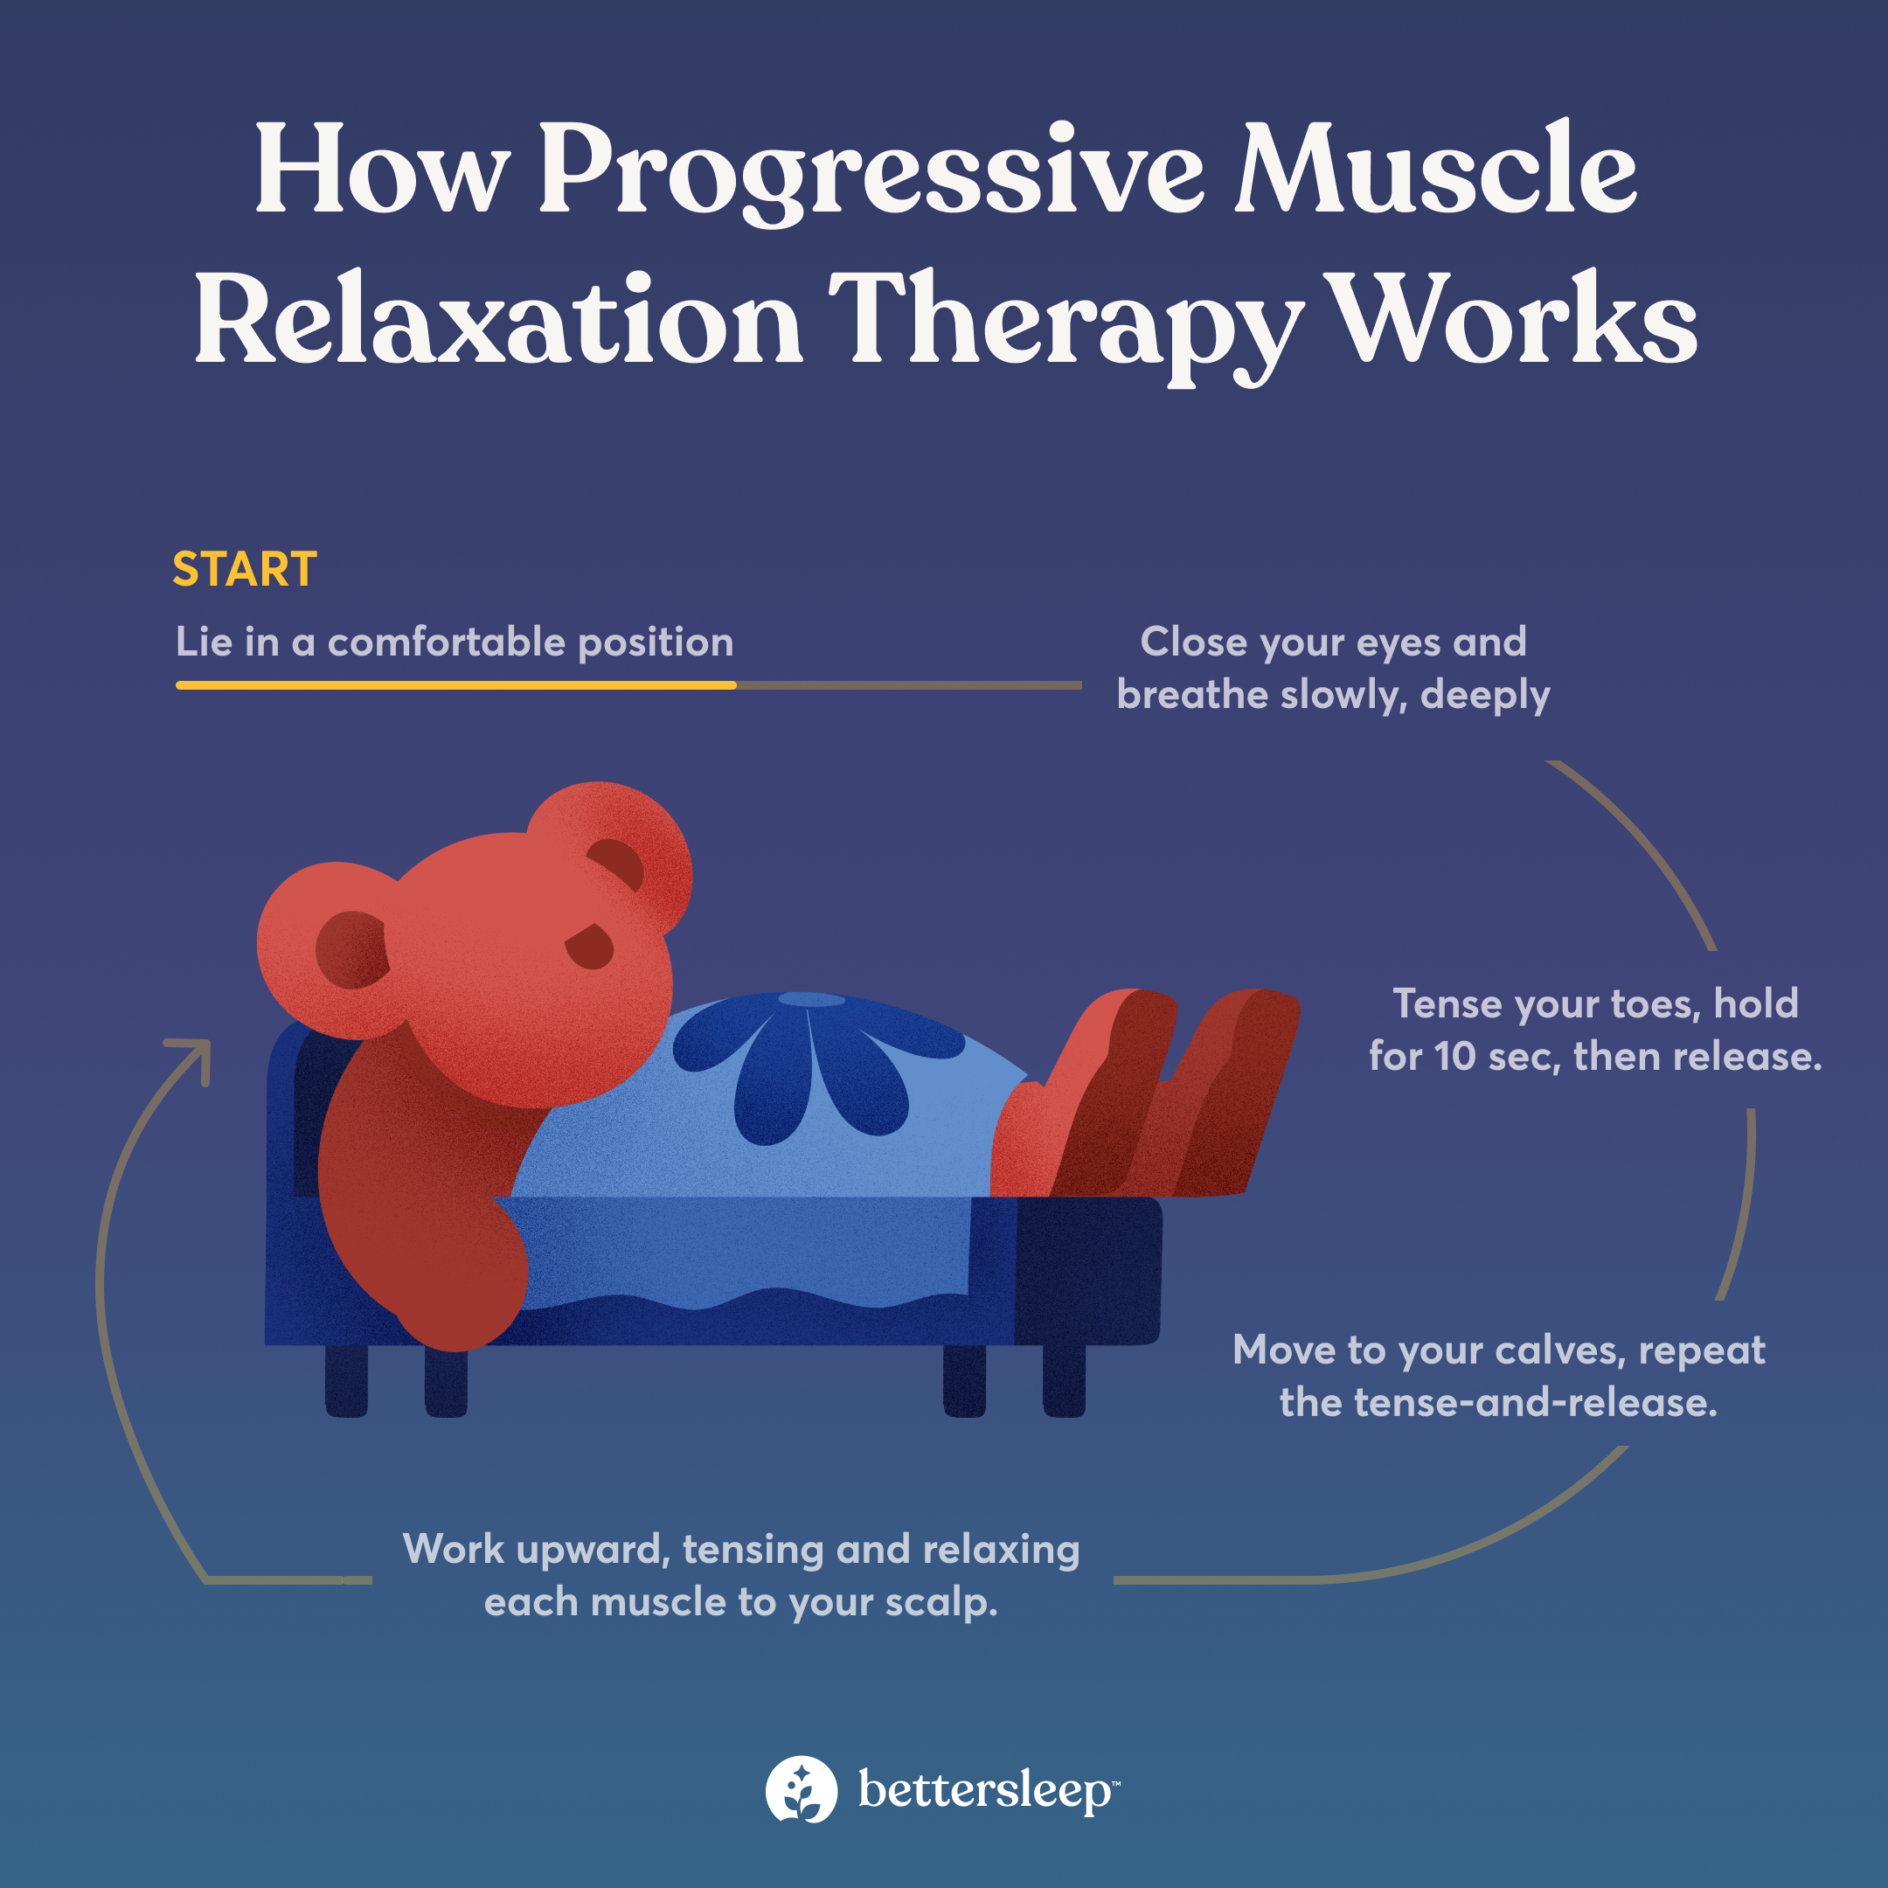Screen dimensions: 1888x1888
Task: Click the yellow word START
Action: pyautogui.click(x=245, y=570)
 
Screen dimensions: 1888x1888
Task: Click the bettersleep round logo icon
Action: pyautogui.click(x=802, y=1789)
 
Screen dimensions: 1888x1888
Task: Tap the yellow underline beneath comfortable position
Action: pyautogui.click(x=455, y=686)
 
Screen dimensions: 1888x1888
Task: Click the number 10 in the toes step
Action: pyautogui.click(x=1455, y=1057)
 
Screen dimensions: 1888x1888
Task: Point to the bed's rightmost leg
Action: pyautogui.click(x=1065, y=1380)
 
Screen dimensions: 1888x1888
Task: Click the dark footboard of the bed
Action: pyautogui.click(x=1087, y=1270)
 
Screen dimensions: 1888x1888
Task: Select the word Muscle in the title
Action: pyautogui.click(x=1434, y=171)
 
